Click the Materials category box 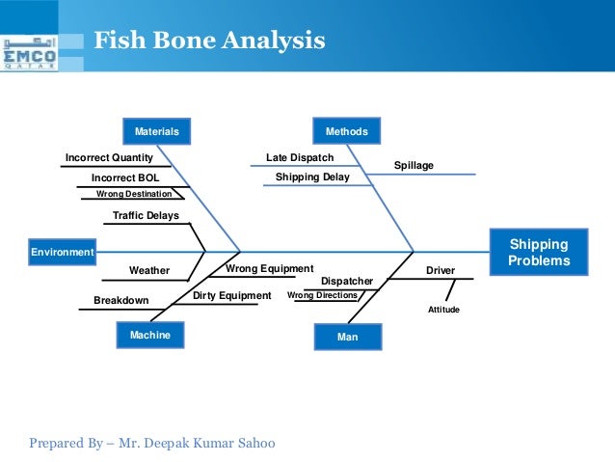tap(156, 130)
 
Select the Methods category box tap(347, 130)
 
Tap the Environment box tap(63, 252)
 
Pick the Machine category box tap(149, 335)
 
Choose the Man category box tap(347, 337)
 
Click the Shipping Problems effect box tap(539, 253)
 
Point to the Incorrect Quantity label tap(109, 157)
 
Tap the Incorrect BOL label tap(125, 178)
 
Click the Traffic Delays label tap(146, 215)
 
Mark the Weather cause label tap(149, 270)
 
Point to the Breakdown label tap(121, 300)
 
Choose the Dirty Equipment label tap(232, 295)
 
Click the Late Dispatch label tap(300, 157)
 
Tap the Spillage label tap(414, 166)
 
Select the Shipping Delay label tap(312, 177)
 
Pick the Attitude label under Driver tap(443, 310)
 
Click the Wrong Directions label tap(322, 295)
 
